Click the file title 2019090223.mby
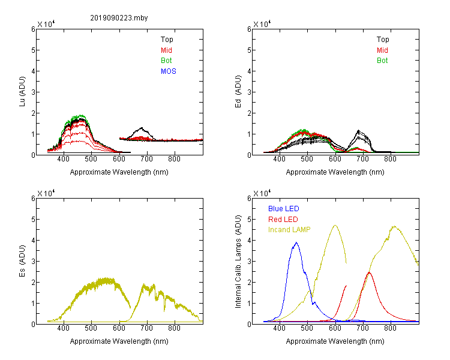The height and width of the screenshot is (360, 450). pyautogui.click(x=119, y=18)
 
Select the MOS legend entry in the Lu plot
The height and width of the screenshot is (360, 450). pyautogui.click(x=169, y=71)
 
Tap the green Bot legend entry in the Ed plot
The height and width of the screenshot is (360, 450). pyautogui.click(x=382, y=61)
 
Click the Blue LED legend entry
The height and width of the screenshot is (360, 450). pyautogui.click(x=284, y=209)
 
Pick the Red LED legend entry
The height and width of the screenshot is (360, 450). pyautogui.click(x=283, y=220)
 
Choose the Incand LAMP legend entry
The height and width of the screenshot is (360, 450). pyautogui.click(x=289, y=230)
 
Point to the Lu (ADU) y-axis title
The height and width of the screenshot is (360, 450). pyautogui.click(x=22, y=92)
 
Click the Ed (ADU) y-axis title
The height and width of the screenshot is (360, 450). pyautogui.click(x=238, y=92)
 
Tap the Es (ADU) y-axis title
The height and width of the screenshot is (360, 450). pyautogui.click(x=22, y=261)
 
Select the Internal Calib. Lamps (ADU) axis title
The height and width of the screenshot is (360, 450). pyautogui.click(x=238, y=262)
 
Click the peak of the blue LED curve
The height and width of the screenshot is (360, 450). pyautogui.click(x=296, y=242)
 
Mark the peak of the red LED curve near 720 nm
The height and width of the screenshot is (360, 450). pyautogui.click(x=369, y=272)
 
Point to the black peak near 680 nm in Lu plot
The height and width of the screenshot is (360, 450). pyautogui.click(x=142, y=128)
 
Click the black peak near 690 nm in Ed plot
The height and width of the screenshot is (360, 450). pyautogui.click(x=358, y=131)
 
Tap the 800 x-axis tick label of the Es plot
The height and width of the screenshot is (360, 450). pyautogui.click(x=174, y=328)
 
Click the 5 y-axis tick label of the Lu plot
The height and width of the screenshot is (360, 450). pyautogui.click(x=33, y=50)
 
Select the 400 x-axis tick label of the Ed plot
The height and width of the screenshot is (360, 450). pyautogui.click(x=279, y=159)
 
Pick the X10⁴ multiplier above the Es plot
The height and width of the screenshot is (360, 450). pyautogui.click(x=46, y=193)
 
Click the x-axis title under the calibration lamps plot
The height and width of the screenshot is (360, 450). pyautogui.click(x=335, y=341)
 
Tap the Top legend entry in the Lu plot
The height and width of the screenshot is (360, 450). pyautogui.click(x=167, y=40)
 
